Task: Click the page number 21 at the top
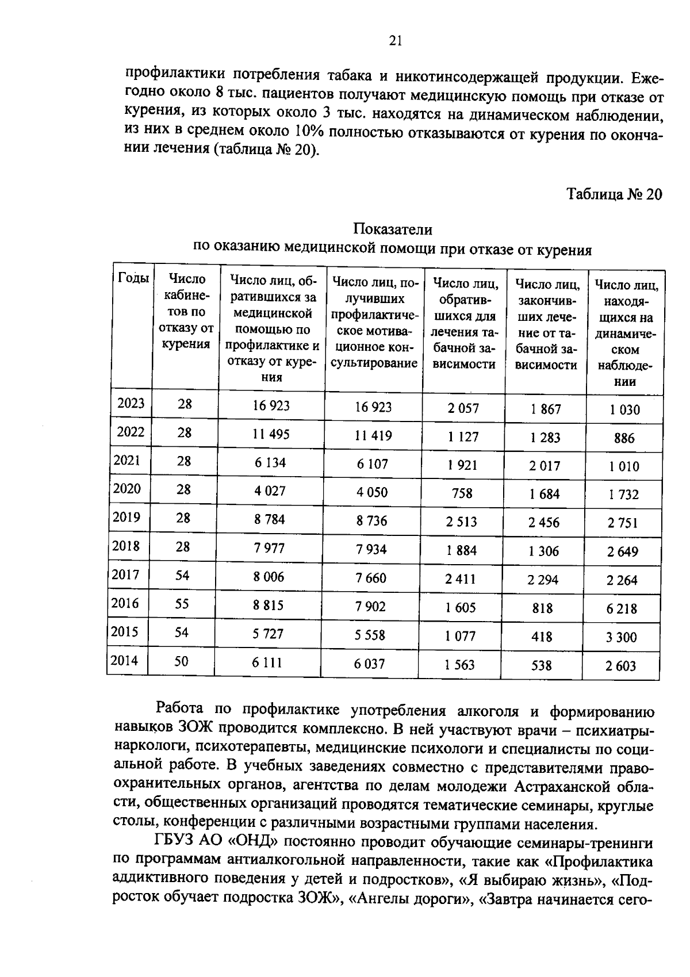[395, 40]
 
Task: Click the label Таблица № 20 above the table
[615, 194]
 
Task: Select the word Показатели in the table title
[392, 229]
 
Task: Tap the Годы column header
[133, 278]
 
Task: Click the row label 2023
[131, 403]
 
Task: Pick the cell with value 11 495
[271, 434]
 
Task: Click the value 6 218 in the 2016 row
[622, 608]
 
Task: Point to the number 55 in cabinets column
[182, 603]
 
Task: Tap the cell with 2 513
[462, 521]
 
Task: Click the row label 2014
[125, 660]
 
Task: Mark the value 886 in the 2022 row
[624, 438]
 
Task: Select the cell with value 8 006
[269, 576]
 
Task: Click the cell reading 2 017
[545, 465]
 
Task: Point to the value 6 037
[369, 664]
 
